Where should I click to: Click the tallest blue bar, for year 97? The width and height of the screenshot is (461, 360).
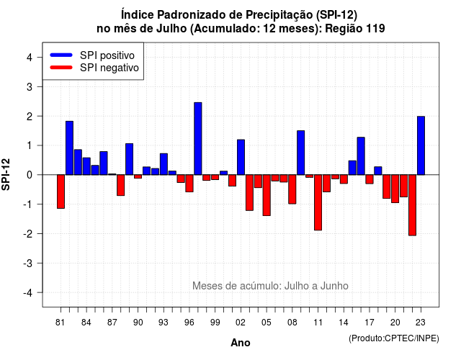tap(198, 139)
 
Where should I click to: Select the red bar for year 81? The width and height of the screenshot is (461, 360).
tap(61, 192)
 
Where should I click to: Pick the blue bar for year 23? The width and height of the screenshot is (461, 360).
tap(421, 145)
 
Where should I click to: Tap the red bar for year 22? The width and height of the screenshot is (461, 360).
tap(413, 205)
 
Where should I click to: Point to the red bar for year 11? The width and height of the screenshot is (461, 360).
tap(318, 202)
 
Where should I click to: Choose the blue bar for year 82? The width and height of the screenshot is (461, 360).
tap(69, 148)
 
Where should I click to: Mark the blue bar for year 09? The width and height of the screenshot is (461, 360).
tap(301, 153)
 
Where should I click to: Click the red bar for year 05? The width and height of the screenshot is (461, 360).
tap(267, 195)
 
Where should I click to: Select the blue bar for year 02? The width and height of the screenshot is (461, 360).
tap(241, 157)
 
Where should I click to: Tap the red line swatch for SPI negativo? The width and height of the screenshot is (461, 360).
tap(61, 68)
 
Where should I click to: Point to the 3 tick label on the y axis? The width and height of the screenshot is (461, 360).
tap(29, 87)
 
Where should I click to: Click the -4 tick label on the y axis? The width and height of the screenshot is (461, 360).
tap(28, 293)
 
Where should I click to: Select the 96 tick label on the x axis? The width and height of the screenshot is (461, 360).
tap(189, 323)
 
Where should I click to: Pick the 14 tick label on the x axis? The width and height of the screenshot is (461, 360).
tap(344, 323)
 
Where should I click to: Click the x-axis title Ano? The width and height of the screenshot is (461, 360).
tap(241, 343)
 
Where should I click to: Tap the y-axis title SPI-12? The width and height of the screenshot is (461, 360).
tap(6, 174)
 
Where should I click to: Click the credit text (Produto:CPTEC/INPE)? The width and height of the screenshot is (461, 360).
tap(394, 338)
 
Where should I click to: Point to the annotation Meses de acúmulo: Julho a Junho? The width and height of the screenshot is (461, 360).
tap(270, 286)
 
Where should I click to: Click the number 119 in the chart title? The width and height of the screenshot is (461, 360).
tap(375, 29)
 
